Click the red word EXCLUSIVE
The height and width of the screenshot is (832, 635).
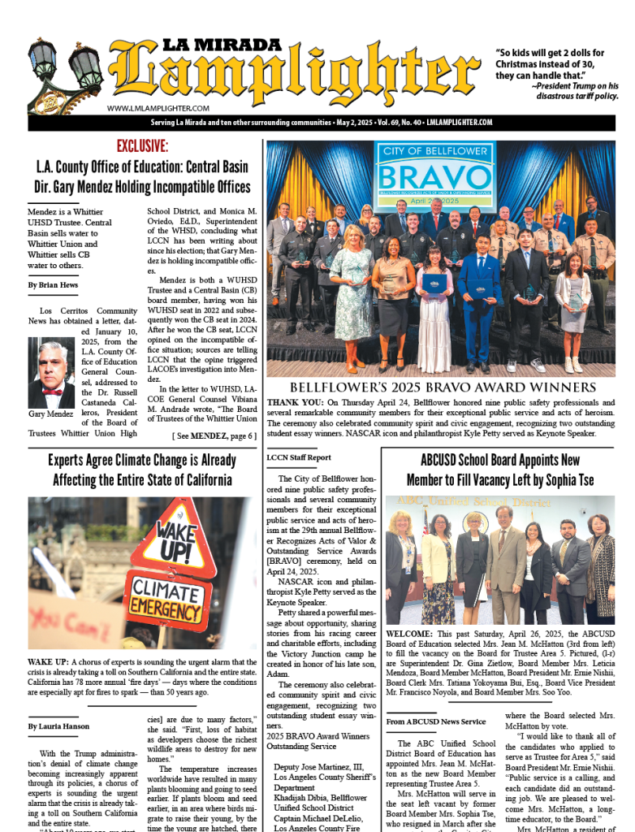coord(142,146)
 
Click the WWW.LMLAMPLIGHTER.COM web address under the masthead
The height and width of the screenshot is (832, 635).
coord(158,108)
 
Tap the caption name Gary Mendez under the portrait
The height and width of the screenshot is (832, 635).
coord(51,414)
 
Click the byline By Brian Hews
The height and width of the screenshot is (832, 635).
coord(53,285)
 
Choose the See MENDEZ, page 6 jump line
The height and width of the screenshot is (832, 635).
coord(214,435)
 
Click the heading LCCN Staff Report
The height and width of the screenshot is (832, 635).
coord(299,457)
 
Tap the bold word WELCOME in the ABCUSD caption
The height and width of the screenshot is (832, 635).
coord(413,632)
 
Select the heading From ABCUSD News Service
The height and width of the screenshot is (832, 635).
coord(436,721)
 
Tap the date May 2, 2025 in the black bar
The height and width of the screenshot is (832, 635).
coord(364,122)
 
